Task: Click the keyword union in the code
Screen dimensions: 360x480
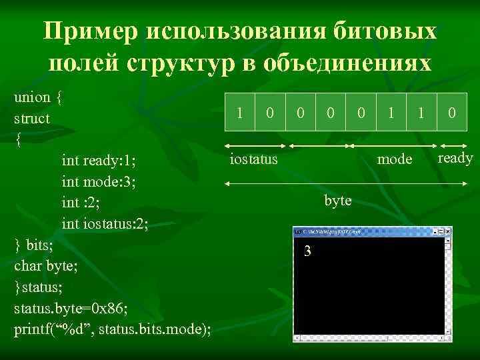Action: (x=32, y=97)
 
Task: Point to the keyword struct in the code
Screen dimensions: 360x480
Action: (x=31, y=119)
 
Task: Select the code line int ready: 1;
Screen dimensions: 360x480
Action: (x=99, y=161)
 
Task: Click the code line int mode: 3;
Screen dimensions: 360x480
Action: (x=99, y=181)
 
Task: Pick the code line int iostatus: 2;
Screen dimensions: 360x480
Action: (x=105, y=224)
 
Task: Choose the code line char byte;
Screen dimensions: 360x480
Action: (x=45, y=266)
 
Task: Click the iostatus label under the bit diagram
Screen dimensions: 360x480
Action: (x=253, y=159)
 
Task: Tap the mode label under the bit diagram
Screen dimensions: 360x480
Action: (x=395, y=159)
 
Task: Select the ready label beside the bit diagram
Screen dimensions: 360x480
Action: (x=455, y=158)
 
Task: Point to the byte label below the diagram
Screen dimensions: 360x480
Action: (x=338, y=201)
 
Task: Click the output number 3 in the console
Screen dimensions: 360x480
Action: (x=307, y=251)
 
